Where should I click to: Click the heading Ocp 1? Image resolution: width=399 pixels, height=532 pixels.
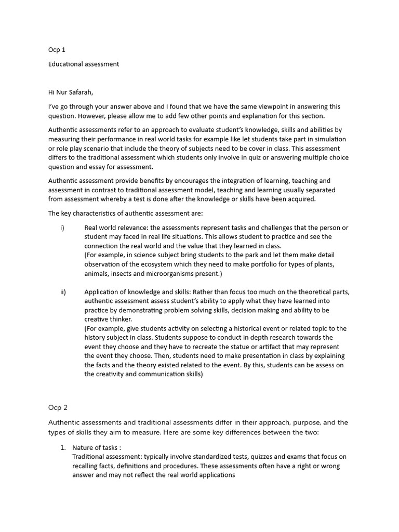pos(57,50)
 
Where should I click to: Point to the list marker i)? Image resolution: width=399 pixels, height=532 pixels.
pos(62,228)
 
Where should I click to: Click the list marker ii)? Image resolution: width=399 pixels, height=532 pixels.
pos(63,291)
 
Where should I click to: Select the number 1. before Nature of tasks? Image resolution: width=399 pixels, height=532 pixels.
pos(62,447)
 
